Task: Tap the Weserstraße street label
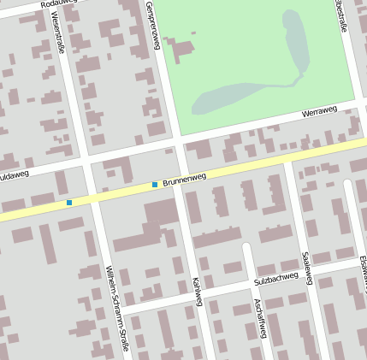[59, 32]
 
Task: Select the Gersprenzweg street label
[154, 26]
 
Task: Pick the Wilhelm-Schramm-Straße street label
[116, 309]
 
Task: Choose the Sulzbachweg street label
[275, 278]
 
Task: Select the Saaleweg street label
[307, 269]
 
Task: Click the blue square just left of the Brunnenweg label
[155, 184]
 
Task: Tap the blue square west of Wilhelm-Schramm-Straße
[69, 202]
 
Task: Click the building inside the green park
[181, 51]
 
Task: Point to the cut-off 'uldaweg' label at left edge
[14, 174]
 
